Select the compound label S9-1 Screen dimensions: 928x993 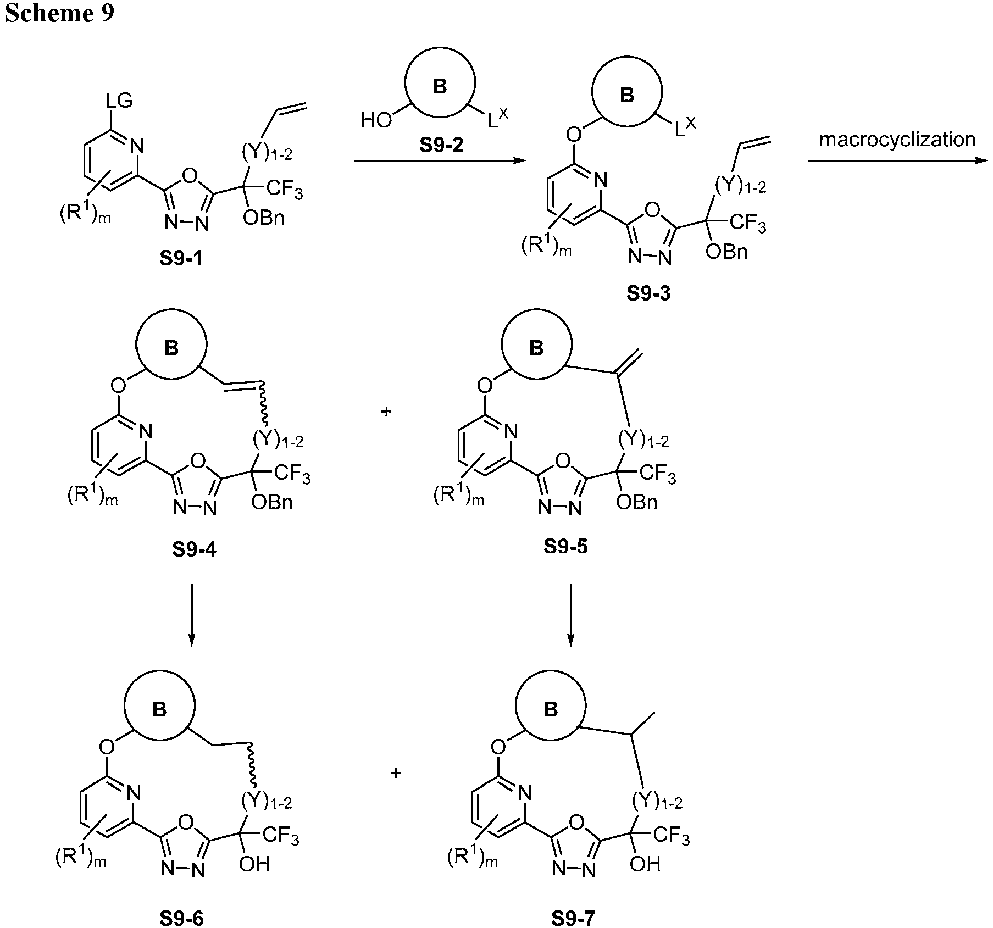[181, 258]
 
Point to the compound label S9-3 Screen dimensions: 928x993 [648, 293]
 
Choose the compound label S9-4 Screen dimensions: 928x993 [194, 549]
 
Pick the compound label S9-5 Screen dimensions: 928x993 [565, 546]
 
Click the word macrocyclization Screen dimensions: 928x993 [897, 140]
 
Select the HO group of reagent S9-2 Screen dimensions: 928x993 [376, 120]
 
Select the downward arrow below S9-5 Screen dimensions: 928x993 [570, 613]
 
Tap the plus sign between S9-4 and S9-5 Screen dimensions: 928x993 [386, 411]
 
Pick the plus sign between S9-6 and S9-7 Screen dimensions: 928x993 [395, 774]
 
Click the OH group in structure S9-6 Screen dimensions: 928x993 [254, 864]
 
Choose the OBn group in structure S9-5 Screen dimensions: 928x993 [636, 502]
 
